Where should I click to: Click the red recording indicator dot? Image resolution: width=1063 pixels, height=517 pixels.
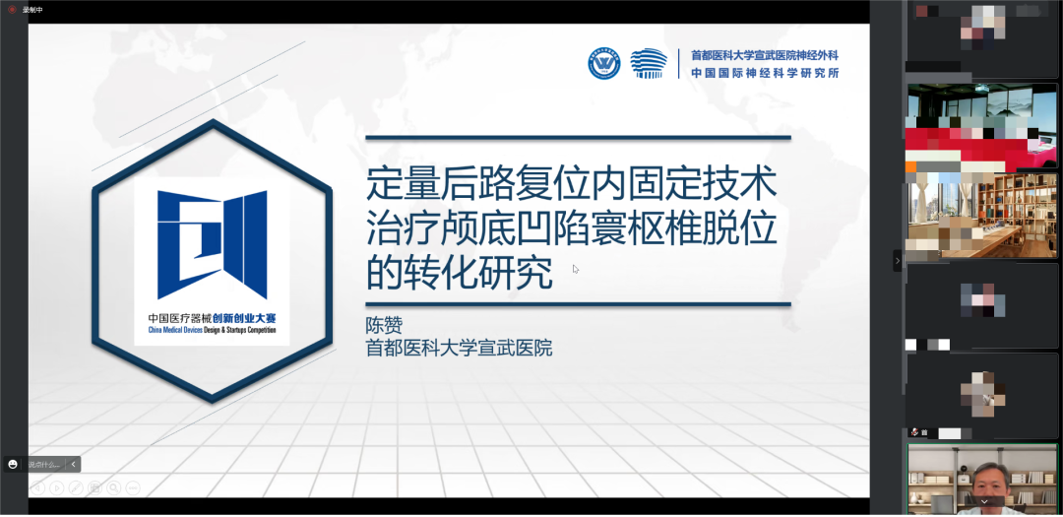(x=12, y=9)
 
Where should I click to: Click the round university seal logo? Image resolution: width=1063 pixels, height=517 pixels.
(x=604, y=63)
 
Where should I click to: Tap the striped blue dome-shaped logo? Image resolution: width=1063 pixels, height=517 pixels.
(x=648, y=63)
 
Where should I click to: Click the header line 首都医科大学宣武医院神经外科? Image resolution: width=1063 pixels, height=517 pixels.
(x=764, y=56)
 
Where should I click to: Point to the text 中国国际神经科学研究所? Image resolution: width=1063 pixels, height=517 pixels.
(x=764, y=73)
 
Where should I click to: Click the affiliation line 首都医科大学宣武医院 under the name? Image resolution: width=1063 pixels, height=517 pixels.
(x=459, y=348)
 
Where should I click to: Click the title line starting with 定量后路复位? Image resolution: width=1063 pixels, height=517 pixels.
(x=571, y=184)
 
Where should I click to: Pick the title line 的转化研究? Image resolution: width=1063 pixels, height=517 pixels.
(x=459, y=272)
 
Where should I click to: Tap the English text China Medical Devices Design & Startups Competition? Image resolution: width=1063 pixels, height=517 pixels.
(x=212, y=330)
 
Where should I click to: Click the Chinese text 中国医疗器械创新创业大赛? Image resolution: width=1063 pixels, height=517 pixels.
(x=212, y=318)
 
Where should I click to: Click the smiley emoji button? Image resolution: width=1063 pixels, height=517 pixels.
(x=13, y=464)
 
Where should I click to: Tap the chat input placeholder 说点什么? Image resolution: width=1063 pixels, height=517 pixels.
(x=43, y=464)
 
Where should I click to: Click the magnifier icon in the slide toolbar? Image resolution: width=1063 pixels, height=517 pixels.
(x=114, y=487)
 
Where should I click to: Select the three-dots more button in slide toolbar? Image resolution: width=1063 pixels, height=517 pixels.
(x=133, y=487)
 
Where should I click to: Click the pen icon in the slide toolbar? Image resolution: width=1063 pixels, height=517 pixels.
(x=76, y=487)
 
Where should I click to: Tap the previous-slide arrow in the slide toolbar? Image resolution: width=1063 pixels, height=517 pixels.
(x=38, y=487)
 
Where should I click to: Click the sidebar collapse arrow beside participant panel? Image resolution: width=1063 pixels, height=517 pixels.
(x=897, y=260)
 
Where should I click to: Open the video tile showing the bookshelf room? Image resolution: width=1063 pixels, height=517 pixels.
(x=981, y=216)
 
